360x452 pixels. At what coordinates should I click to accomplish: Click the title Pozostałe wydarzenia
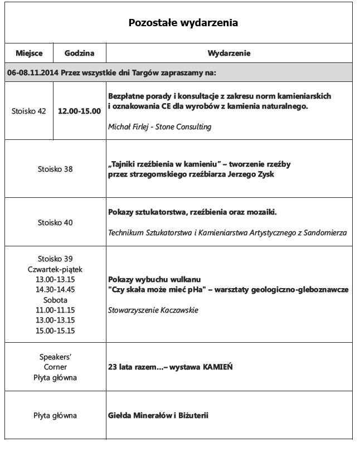183,23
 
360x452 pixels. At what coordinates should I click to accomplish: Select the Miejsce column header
29,54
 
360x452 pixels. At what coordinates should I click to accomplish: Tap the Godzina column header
79,54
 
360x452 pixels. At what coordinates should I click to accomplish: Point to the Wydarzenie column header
228,54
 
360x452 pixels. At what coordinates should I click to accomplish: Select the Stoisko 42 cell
29,111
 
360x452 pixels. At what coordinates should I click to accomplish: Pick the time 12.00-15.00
80,111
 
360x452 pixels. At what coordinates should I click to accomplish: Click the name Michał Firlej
129,127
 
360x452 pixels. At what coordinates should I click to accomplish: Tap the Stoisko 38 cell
55,169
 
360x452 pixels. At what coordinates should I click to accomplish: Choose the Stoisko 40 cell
55,222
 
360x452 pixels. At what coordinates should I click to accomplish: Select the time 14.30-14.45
55,289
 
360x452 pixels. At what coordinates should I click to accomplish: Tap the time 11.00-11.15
55,310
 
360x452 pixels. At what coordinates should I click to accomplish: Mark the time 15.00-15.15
55,331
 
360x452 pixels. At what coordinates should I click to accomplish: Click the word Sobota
55,300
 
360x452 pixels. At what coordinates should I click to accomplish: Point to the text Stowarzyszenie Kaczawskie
153,310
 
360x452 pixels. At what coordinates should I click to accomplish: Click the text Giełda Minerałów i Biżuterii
158,416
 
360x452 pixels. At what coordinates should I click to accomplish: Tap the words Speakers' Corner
55,362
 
